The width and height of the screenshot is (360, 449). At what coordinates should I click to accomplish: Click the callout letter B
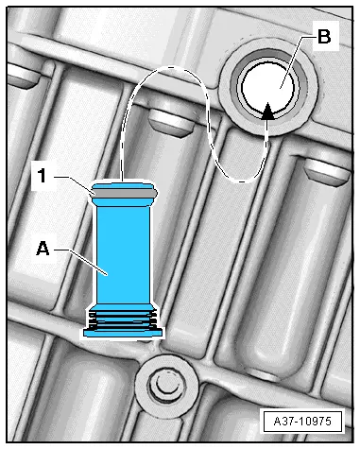324,36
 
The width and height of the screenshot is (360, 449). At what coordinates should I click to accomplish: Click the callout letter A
43,249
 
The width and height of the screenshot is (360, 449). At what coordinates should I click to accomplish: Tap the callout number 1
43,175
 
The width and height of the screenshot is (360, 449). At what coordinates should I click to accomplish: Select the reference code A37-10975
302,421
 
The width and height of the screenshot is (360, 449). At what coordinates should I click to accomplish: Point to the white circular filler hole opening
268,87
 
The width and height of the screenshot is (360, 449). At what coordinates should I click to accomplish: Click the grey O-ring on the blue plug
123,193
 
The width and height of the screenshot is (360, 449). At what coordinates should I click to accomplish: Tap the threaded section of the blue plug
123,319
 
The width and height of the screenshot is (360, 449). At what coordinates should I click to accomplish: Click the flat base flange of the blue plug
124,333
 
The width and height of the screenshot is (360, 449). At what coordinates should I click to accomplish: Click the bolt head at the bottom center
167,385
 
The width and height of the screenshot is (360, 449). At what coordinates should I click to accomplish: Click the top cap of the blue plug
123,185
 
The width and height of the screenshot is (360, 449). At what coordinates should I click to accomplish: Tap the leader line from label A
81,262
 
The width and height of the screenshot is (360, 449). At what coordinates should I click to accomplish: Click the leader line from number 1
75,184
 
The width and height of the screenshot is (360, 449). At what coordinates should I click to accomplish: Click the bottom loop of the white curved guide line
243,181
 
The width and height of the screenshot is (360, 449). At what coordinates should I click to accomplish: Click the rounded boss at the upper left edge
22,76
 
